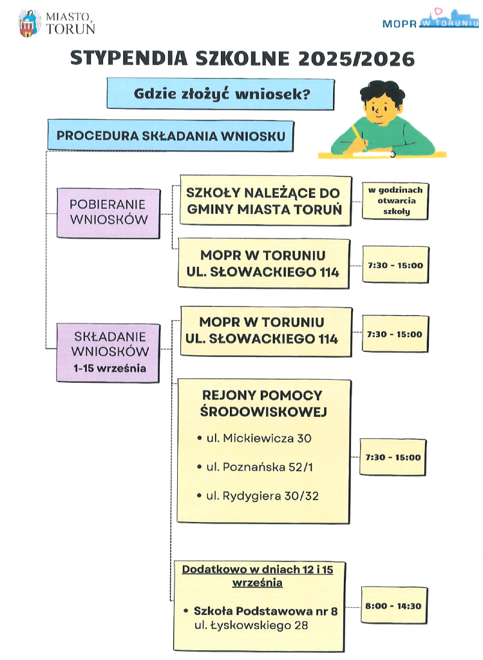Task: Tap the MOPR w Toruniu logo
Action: pos(430,21)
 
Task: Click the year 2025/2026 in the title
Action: pos(356,59)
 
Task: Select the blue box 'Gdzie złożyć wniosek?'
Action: pos(222,94)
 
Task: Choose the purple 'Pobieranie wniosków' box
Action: pos(108,212)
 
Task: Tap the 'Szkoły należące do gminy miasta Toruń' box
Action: pos(265,200)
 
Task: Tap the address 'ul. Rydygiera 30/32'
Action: pos(262,496)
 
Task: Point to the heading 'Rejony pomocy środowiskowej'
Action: pos(262,403)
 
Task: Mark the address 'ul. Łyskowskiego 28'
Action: pos(251,625)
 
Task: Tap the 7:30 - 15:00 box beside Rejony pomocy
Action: pos(393,457)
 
